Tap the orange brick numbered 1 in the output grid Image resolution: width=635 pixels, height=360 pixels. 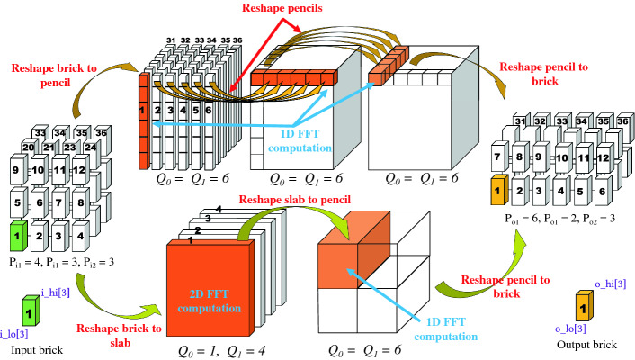pos(500,190)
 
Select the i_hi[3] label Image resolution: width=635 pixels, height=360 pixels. pos(53,292)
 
